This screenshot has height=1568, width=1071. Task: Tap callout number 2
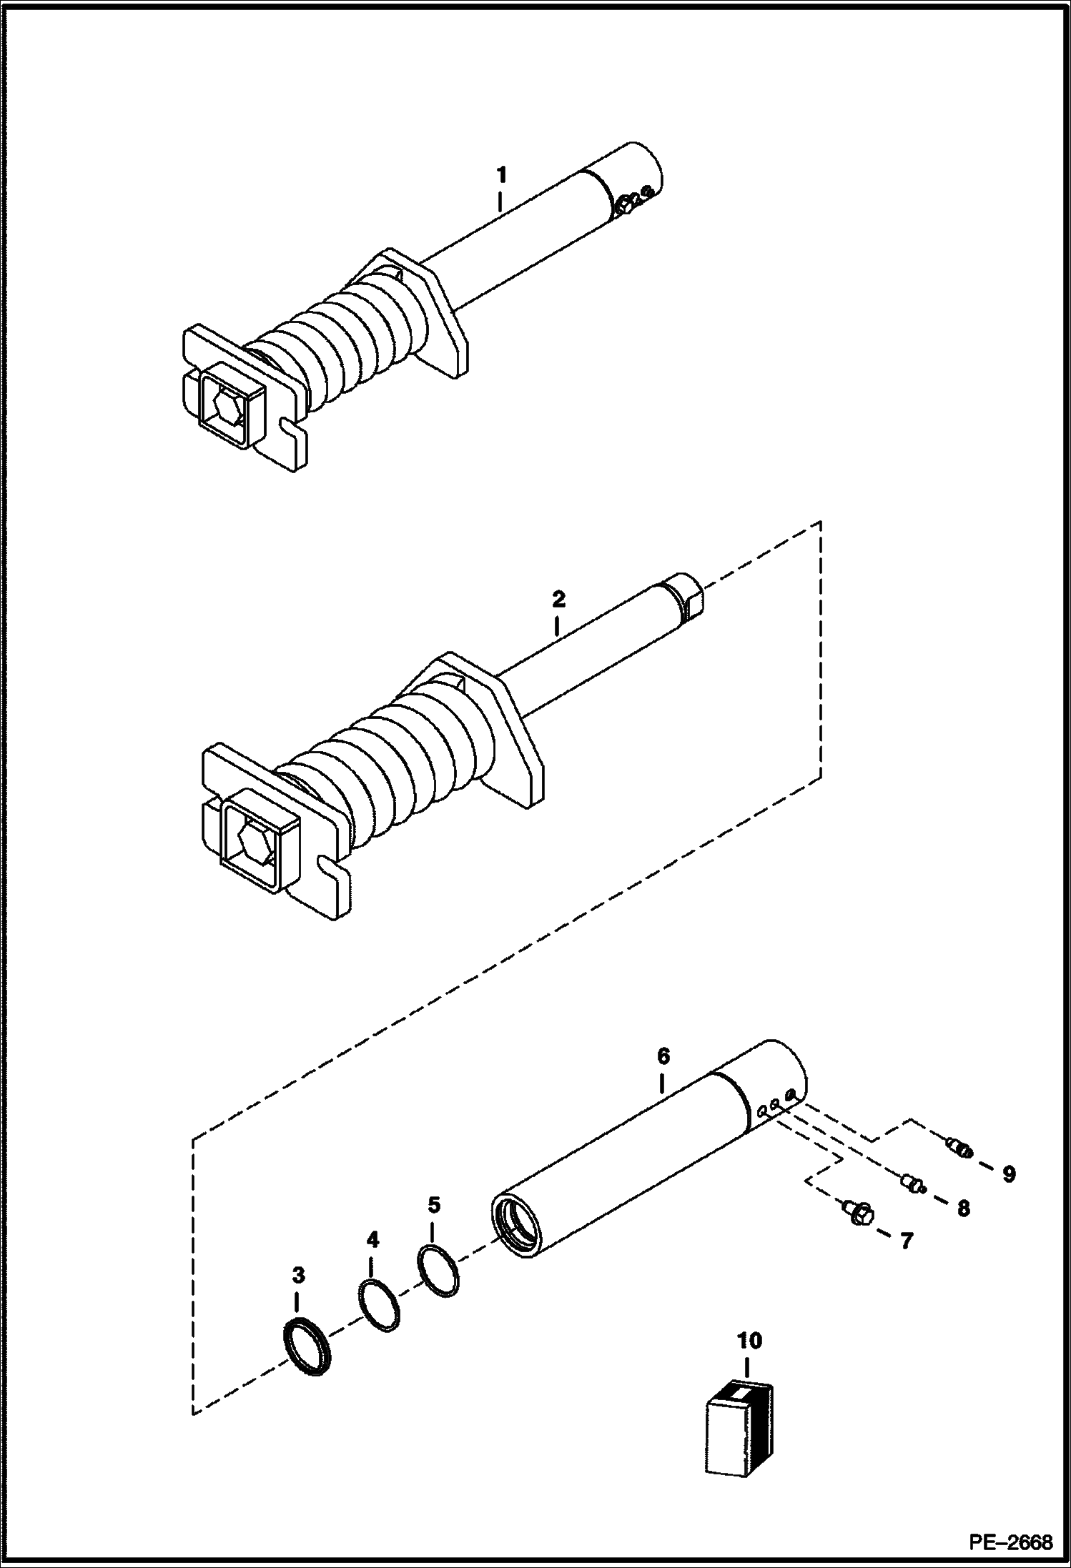[559, 598]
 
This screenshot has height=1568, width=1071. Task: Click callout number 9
[1008, 1173]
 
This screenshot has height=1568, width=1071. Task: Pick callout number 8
[963, 1209]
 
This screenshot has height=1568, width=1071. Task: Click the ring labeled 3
[309, 1345]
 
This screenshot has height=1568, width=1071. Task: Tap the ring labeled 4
[378, 1305]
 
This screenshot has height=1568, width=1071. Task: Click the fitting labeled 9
[957, 1148]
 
